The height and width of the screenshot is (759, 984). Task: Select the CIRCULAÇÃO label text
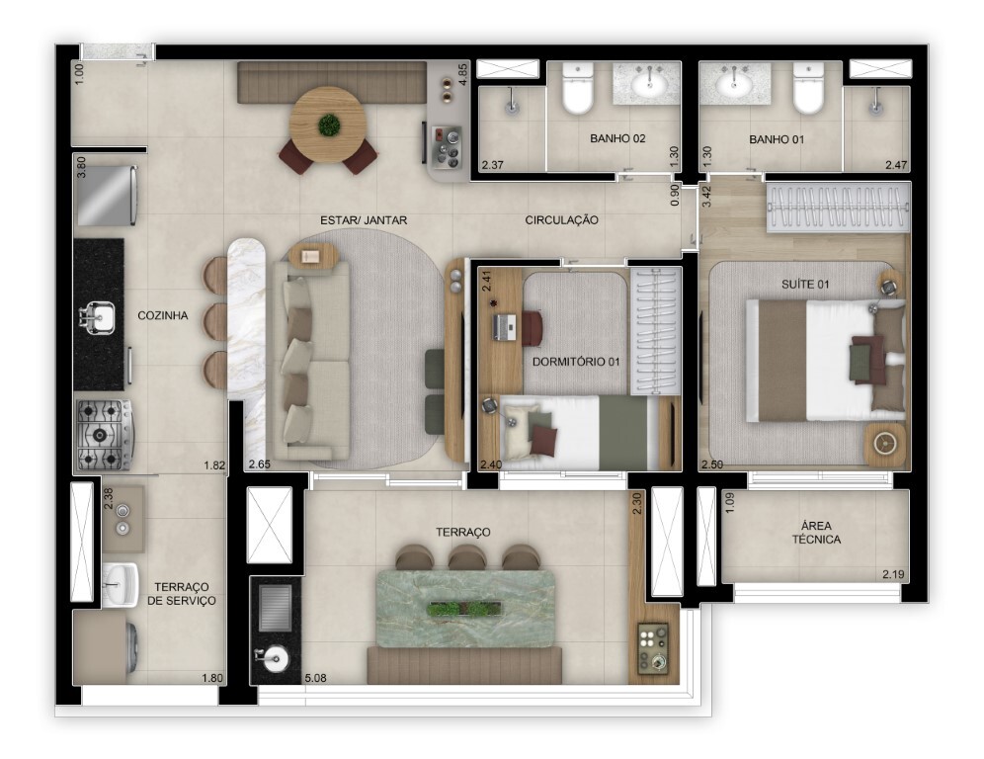click(561, 220)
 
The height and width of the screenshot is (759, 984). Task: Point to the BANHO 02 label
click(617, 139)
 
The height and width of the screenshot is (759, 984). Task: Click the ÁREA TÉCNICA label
click(815, 533)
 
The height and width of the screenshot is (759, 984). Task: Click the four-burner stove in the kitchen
click(104, 433)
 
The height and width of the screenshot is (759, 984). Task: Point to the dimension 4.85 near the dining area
click(461, 76)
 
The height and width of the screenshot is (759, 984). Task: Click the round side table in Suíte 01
click(884, 442)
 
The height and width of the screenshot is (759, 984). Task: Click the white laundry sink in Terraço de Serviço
click(122, 584)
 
